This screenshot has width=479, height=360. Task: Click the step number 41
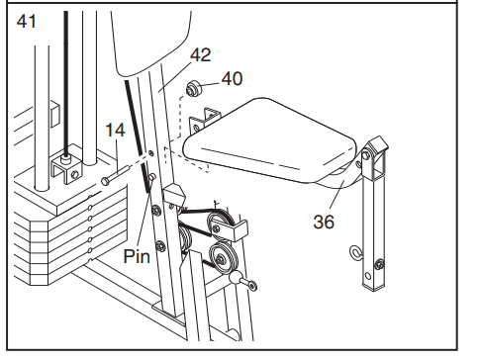coord(27,22)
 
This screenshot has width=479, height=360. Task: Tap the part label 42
coord(201,54)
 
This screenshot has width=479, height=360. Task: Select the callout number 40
coord(232,79)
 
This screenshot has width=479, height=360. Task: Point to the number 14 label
coord(115,130)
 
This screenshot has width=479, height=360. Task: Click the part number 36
coord(324,222)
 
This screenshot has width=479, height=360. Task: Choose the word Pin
coord(137,256)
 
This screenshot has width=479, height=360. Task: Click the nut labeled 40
coord(193,89)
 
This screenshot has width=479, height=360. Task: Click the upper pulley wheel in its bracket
coord(221,225)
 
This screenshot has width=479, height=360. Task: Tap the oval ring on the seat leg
coord(356,252)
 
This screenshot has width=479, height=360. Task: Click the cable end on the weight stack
coord(67,159)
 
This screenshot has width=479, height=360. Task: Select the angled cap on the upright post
coord(174,194)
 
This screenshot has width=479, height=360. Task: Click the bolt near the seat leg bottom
coord(380,264)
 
